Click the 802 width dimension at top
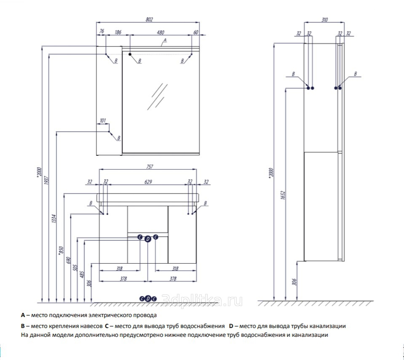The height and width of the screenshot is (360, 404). (x=149, y=19)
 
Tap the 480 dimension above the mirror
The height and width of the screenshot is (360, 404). (x=160, y=32)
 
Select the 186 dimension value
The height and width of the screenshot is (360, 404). (x=118, y=32)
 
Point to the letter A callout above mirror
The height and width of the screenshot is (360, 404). (x=165, y=40)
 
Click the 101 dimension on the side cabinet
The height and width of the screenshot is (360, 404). (x=102, y=120)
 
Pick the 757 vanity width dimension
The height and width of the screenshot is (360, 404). (x=150, y=167)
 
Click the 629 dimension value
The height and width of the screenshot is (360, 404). (x=148, y=182)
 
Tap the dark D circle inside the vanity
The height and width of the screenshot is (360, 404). (x=147, y=239)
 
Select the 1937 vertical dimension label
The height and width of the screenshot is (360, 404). (x=46, y=180)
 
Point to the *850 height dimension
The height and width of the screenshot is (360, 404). (x=61, y=250)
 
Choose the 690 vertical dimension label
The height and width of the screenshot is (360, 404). (x=68, y=260)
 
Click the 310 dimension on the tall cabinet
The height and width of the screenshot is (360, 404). (x=325, y=19)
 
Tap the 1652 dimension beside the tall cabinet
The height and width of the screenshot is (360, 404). (x=283, y=195)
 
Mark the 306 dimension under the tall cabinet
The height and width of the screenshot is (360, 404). (x=294, y=282)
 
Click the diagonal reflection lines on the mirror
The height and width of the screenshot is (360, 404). (x=158, y=96)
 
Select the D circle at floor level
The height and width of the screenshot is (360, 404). (x=148, y=299)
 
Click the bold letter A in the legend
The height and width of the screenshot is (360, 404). (x=23, y=315)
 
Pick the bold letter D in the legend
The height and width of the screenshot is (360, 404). (x=231, y=326)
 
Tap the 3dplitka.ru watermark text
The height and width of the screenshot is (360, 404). (x=202, y=301)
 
